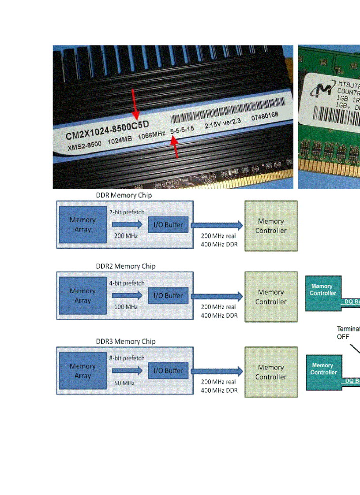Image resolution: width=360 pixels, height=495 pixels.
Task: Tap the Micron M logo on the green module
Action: pyautogui.click(x=321, y=90)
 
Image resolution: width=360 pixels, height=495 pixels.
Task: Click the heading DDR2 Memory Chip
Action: pyautogui.click(x=126, y=266)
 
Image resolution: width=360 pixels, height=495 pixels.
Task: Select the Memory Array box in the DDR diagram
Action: pyautogui.click(x=82, y=224)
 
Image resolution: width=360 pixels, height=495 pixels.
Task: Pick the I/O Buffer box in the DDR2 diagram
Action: pyautogui.click(x=168, y=295)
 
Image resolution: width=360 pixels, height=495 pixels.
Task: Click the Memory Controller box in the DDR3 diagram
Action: pyautogui.click(x=271, y=372)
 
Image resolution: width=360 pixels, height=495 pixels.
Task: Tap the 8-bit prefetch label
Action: pyautogui.click(x=127, y=358)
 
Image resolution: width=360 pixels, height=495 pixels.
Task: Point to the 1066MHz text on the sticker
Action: pyautogui.click(x=151, y=136)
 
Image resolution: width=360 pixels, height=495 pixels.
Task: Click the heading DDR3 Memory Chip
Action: pyautogui.click(x=126, y=342)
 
